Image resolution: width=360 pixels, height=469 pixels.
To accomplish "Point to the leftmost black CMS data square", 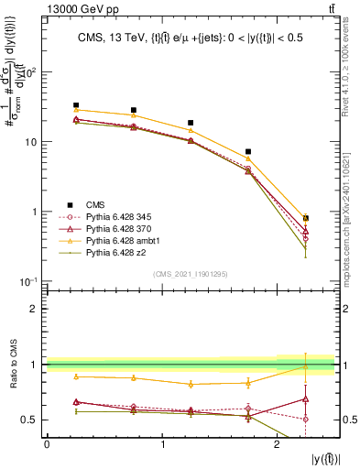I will coord(76,105).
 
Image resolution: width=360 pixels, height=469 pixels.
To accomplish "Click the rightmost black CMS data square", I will coord(306,218).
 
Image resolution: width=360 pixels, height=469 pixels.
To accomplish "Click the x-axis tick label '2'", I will coord(278,443).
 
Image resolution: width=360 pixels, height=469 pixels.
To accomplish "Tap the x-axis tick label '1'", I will coord(162,443).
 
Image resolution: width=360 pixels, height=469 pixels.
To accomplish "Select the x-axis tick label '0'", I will coord(47,443).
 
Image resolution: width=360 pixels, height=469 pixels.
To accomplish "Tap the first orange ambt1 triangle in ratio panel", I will coord(76,376).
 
